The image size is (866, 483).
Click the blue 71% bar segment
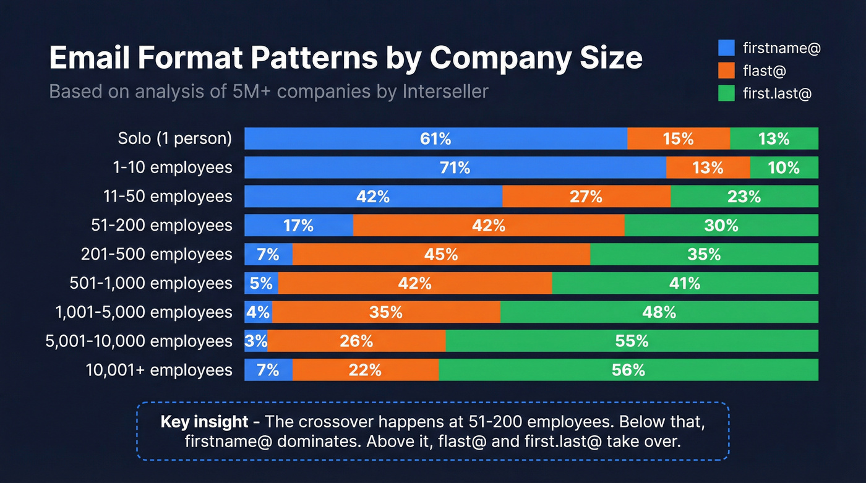455,168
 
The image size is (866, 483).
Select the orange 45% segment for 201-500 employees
441,254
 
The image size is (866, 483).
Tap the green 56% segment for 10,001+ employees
628,370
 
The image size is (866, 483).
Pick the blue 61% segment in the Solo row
435,139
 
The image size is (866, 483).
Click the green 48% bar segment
659,312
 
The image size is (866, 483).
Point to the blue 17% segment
299,226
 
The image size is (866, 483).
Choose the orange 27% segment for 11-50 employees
586,197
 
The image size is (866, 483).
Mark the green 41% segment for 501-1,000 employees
685,283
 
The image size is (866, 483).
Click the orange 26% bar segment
356,341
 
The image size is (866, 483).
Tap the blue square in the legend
726,48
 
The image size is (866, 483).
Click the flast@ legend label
764,71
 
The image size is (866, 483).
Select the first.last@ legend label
776,93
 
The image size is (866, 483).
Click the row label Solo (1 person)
175,139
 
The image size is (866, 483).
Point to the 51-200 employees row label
161,226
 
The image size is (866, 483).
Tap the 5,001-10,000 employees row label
139,341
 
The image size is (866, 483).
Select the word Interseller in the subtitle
445,92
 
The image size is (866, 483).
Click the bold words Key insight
204,422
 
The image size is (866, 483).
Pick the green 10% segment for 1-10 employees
784,168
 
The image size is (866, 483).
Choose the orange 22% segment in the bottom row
365,370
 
